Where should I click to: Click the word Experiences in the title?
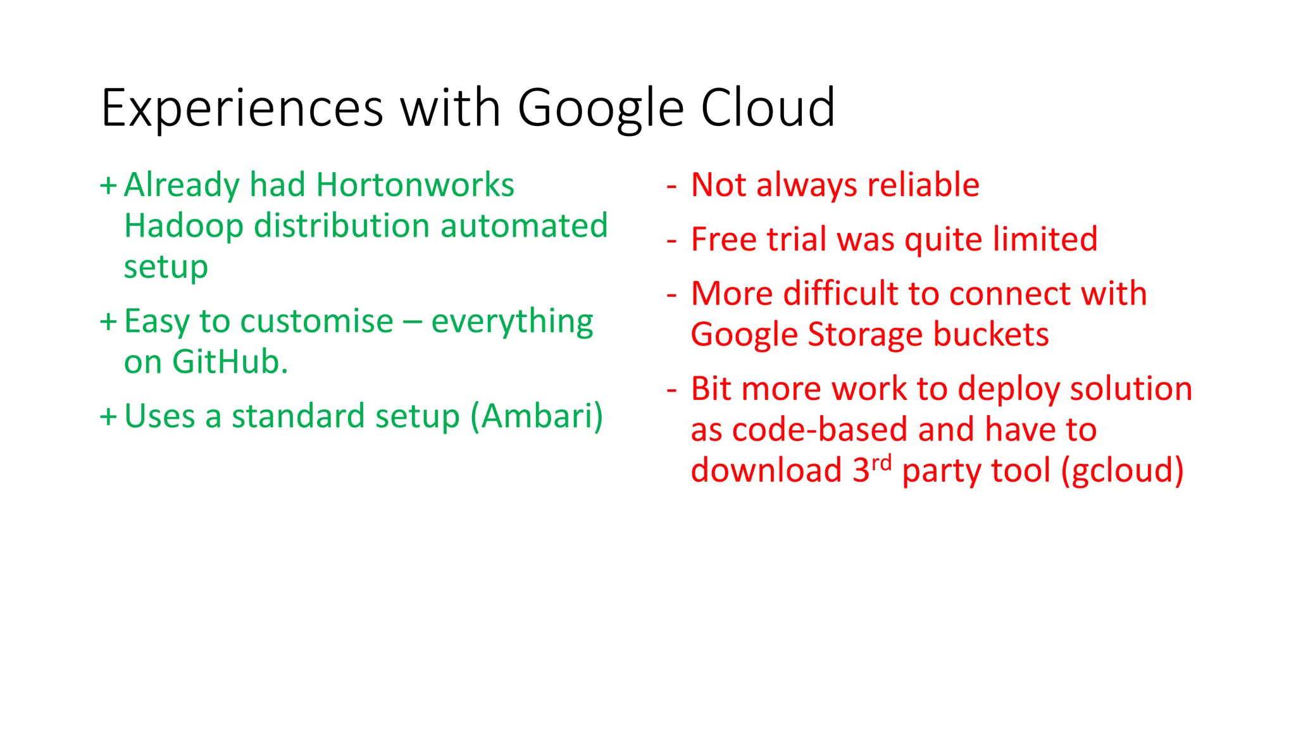click(242, 109)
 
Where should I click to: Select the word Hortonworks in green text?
click(415, 185)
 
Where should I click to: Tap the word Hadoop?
click(184, 227)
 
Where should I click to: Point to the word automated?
click(524, 226)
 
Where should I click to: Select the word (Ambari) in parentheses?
click(537, 416)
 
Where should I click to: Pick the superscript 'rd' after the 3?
click(881, 463)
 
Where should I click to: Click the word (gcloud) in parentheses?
click(1122, 471)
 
